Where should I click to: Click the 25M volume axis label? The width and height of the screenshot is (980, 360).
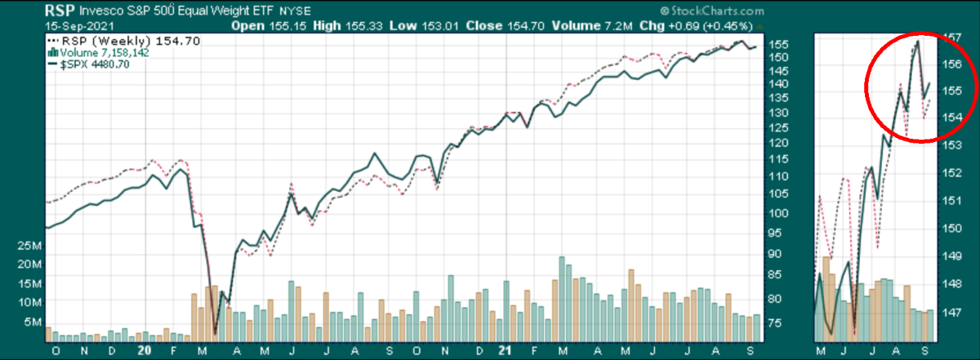pos(30,245)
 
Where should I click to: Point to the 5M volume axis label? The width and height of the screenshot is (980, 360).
pos(33,322)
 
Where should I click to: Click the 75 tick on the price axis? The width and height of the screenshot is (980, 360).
pos(780,323)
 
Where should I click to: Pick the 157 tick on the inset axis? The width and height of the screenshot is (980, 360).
pos(952,38)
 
